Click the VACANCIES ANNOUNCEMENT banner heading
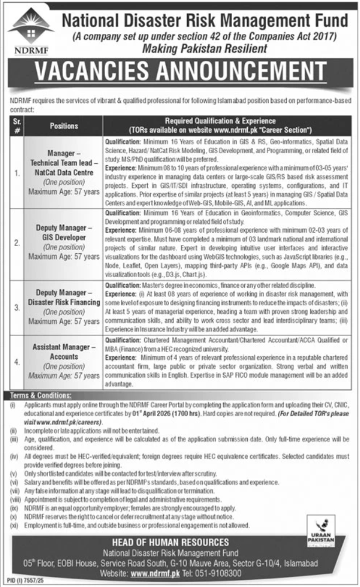pos(179,75)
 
